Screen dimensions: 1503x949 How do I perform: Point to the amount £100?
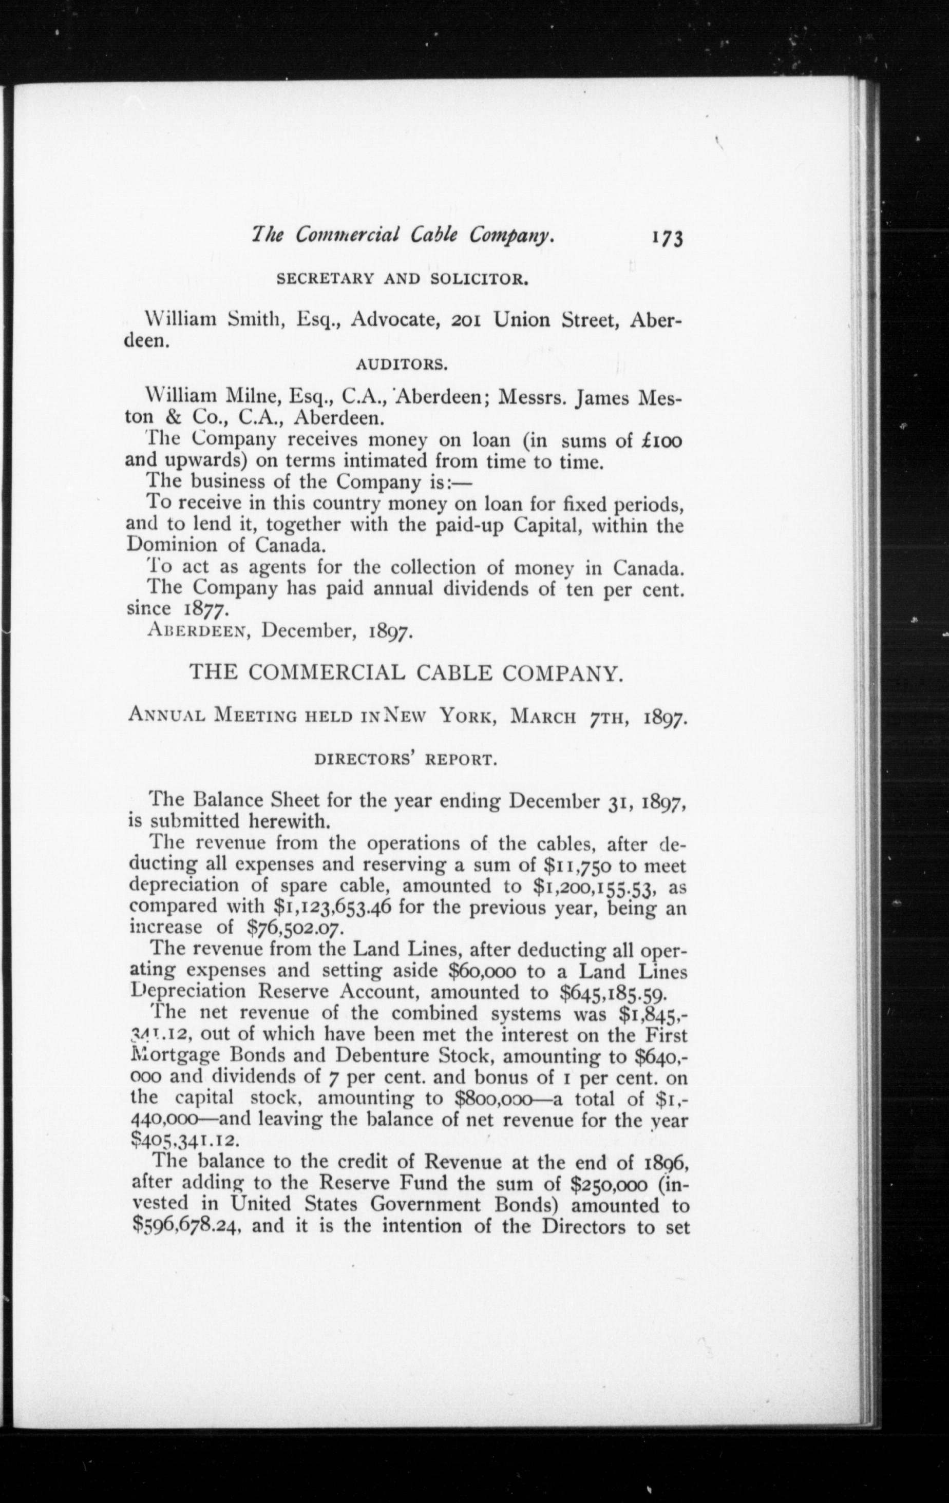655,440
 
